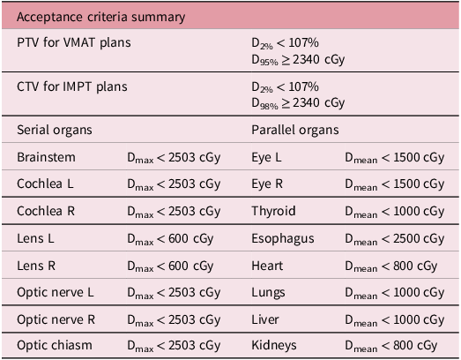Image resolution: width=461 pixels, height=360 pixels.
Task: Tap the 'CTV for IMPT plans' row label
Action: pyautogui.click(x=71, y=86)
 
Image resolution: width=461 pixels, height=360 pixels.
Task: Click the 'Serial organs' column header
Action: pyautogui.click(x=55, y=130)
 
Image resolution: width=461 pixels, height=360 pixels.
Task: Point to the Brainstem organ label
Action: pyautogui.click(x=46, y=157)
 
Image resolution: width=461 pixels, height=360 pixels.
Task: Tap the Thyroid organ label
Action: pyautogui.click(x=273, y=212)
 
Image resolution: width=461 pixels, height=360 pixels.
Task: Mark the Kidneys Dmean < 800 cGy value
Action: pyautogui.click(x=390, y=346)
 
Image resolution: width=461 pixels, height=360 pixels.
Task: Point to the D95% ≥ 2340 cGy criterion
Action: pyautogui.click(x=297, y=59)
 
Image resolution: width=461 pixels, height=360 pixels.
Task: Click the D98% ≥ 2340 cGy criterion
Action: pyautogui.click(x=297, y=103)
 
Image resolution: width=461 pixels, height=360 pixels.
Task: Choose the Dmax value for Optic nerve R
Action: pyautogui.click(x=174, y=319)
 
